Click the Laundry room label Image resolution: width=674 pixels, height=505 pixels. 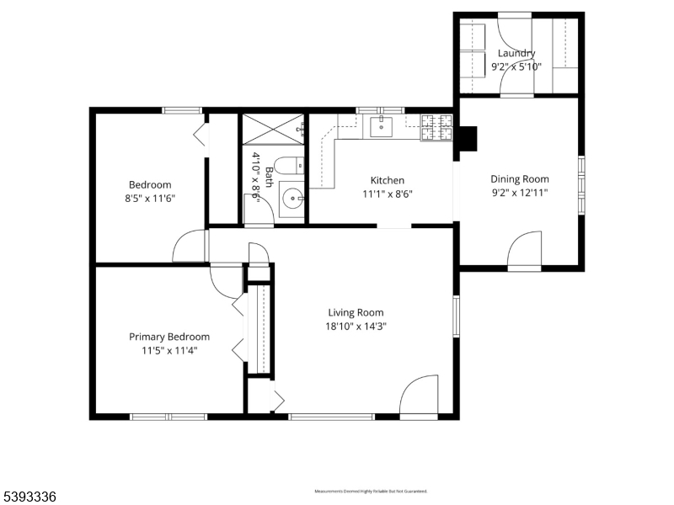click(516, 53)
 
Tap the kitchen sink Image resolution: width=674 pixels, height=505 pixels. click(381, 126)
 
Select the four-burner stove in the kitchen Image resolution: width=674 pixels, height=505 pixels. click(436, 127)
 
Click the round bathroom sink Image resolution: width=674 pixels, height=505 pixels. click(292, 199)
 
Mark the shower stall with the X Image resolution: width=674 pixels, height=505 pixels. click(274, 130)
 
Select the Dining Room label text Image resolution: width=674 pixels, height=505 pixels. click(520, 178)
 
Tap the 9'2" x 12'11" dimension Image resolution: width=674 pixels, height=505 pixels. click(520, 193)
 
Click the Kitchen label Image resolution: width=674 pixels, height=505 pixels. click(388, 180)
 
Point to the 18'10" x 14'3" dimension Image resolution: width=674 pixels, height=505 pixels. click(356, 327)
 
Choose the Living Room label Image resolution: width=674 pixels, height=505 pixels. click(356, 312)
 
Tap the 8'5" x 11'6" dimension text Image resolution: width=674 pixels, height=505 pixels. click(150, 199)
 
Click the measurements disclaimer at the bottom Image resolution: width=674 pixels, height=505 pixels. click(371, 491)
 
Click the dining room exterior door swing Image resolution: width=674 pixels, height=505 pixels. click(523, 251)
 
